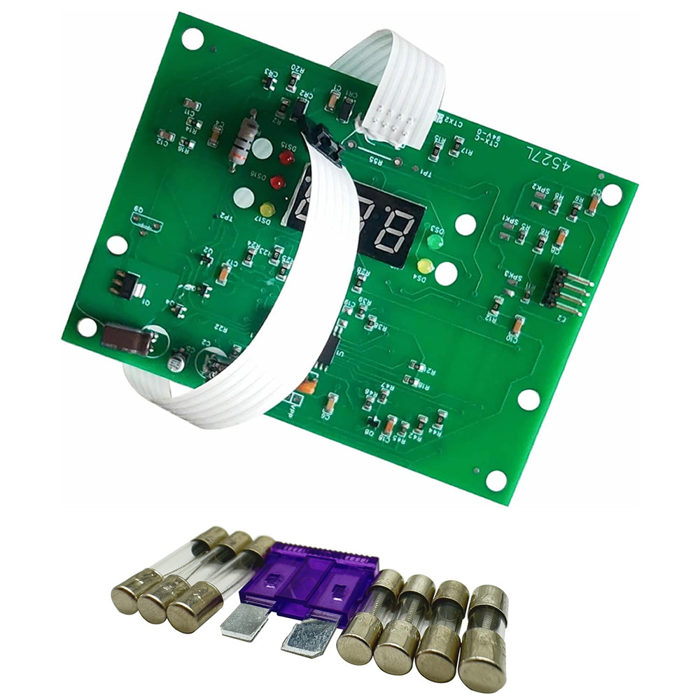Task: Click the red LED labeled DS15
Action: [x=286, y=158]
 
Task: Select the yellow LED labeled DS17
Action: [x=267, y=209]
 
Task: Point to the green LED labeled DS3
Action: [x=435, y=242]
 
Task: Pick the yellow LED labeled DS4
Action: [x=424, y=266]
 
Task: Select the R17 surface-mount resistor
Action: [x=456, y=147]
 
